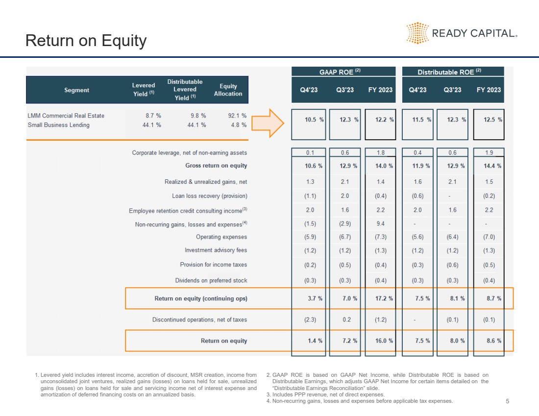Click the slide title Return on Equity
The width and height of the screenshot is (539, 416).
point(86,41)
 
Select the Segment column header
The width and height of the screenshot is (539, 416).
point(76,90)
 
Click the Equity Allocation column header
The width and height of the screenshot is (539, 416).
point(228,90)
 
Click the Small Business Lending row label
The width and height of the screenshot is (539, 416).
point(58,125)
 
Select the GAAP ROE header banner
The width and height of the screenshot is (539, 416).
point(343,72)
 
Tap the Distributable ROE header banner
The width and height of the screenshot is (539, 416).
point(453,72)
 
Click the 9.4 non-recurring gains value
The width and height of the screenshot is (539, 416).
point(380,224)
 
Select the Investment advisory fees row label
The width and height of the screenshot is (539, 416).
point(216,250)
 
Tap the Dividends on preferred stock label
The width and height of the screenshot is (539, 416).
point(211,281)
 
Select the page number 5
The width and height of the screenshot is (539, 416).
point(507,401)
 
